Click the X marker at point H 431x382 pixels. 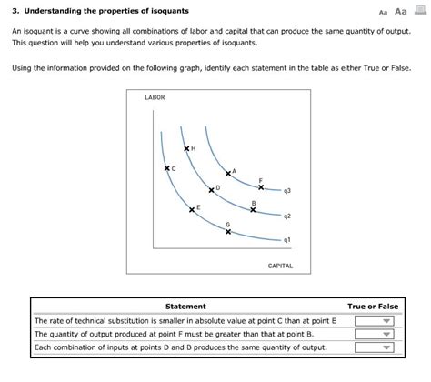[x=186, y=148]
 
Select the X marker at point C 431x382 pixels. [x=167, y=168]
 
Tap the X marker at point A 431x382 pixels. [x=228, y=174]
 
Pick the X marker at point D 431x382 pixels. [x=212, y=190]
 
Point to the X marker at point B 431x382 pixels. [x=253, y=209]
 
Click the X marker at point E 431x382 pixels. [x=192, y=210]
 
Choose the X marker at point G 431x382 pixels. [x=228, y=231]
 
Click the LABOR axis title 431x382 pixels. [x=155, y=97]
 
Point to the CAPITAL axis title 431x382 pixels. [x=280, y=266]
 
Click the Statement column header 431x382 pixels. [x=185, y=307]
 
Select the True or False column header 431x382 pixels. [x=373, y=307]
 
